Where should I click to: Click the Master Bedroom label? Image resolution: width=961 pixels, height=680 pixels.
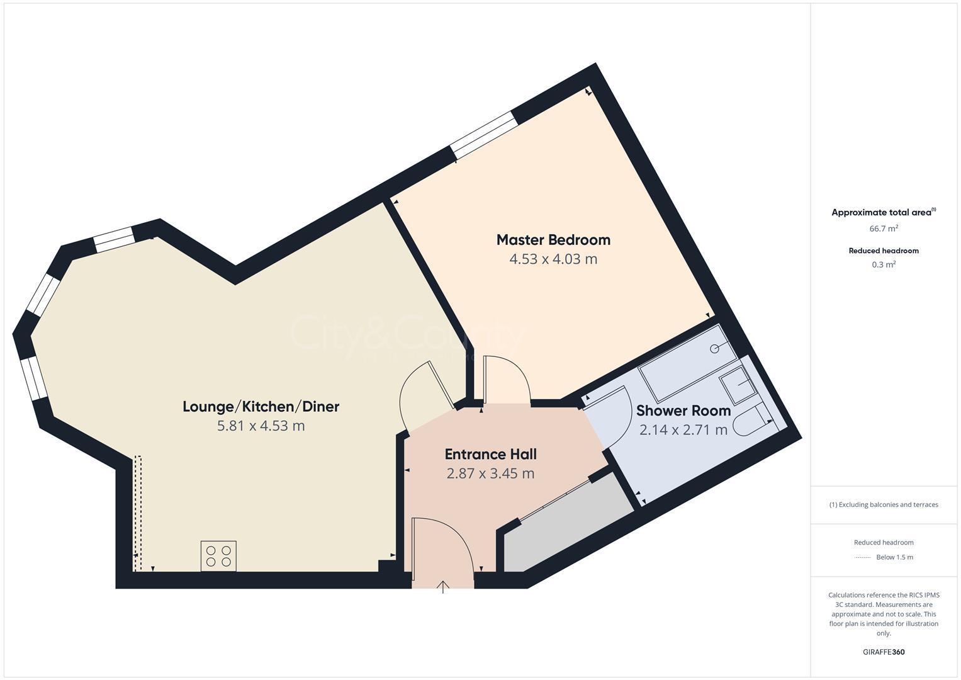tap(553, 240)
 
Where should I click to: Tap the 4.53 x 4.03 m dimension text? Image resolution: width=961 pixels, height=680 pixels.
tap(553, 259)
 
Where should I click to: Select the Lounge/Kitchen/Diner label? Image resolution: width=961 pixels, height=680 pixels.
tap(261, 407)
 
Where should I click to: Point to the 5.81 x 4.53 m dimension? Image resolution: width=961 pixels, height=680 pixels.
tap(261, 426)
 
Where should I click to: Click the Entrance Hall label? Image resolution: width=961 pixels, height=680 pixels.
tap(490, 454)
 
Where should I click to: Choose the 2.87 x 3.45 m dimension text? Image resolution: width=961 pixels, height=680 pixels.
tap(490, 473)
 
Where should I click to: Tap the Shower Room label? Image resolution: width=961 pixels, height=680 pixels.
tap(683, 411)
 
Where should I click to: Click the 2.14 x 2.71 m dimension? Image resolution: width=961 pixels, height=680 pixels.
tap(683, 430)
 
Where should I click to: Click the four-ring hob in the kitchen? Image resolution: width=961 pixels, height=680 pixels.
tap(218, 556)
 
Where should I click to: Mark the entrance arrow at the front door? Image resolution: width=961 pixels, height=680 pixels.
tap(443, 587)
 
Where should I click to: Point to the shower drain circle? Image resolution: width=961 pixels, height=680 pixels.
tap(714, 349)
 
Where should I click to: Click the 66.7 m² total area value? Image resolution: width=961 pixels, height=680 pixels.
tap(884, 229)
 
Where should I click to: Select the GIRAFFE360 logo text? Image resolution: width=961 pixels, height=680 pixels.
tap(884, 652)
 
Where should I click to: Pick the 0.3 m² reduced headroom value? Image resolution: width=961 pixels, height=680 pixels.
tap(884, 264)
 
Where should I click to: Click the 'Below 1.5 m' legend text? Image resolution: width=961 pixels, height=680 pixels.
tap(894, 557)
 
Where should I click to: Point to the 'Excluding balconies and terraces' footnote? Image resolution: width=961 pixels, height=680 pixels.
tap(884, 504)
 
